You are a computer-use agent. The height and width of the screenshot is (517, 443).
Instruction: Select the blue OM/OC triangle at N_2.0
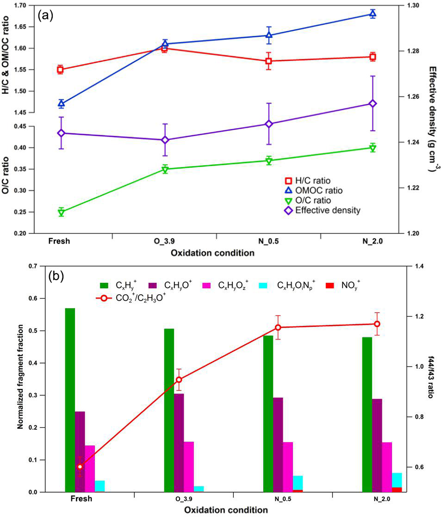tap(373, 14)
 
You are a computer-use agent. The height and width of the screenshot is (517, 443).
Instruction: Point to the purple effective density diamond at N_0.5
tap(269, 124)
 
